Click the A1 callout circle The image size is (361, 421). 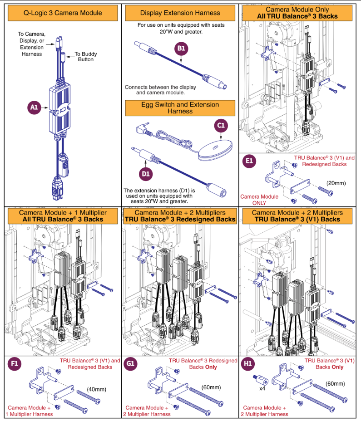coord(34,108)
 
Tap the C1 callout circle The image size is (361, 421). coord(221,125)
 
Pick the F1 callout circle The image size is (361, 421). coord(15,363)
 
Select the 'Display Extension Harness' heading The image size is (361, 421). coord(180,13)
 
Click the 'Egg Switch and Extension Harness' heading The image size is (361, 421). coord(180,108)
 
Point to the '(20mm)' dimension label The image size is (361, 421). coord(336,182)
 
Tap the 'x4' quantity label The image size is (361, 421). coord(262,389)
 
